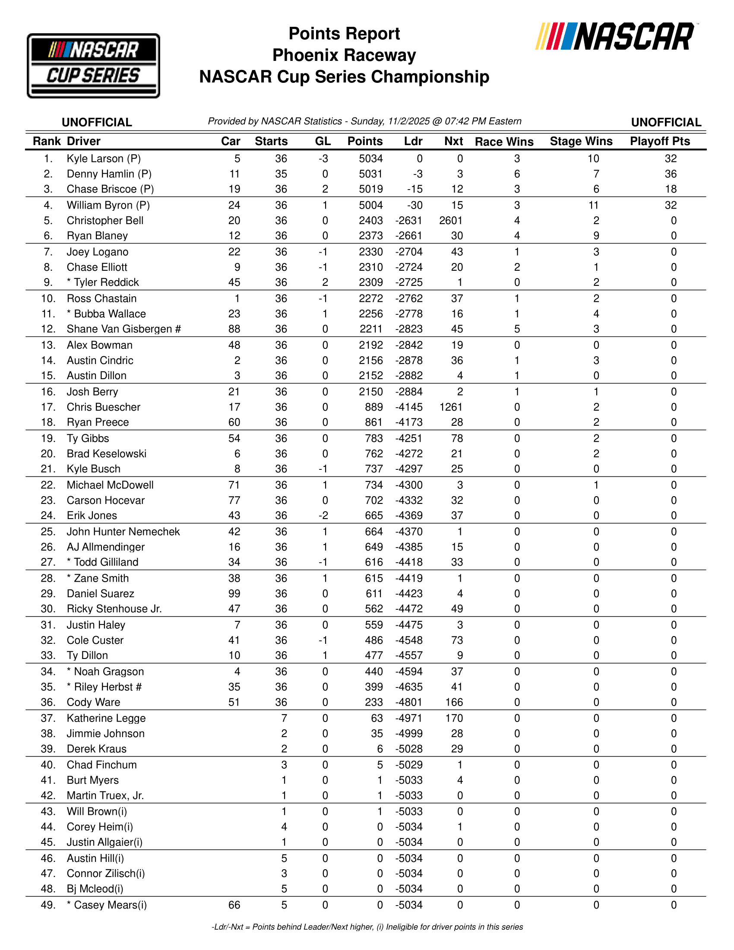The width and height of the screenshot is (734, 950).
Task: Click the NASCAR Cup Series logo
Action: tap(94, 66)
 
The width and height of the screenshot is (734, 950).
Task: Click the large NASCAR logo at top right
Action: tap(615, 37)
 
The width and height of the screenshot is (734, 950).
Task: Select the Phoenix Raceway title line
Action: tap(344, 55)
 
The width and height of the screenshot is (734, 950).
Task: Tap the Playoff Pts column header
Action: tap(660, 141)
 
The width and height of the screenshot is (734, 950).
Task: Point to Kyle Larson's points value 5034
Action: tap(370, 159)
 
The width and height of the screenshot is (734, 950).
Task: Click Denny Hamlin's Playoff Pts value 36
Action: tap(671, 174)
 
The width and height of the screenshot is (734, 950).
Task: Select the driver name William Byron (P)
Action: tap(108, 205)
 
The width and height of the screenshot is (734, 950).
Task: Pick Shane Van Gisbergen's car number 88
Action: tap(234, 329)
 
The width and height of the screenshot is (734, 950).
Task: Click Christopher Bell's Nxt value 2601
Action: tap(450, 221)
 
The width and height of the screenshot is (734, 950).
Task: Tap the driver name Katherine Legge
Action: tap(106, 718)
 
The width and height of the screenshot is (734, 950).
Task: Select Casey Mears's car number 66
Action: tap(234, 905)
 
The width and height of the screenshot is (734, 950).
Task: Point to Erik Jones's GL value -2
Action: tap(323, 516)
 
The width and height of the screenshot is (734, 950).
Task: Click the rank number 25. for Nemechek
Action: tap(48, 532)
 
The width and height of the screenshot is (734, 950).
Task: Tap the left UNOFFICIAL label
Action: tap(97, 122)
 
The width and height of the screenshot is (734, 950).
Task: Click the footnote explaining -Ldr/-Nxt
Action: tap(367, 927)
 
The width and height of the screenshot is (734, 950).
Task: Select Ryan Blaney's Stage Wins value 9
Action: tap(596, 236)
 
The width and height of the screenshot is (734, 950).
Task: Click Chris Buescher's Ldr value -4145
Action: tap(409, 407)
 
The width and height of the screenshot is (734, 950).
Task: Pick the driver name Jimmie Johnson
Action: tap(106, 733)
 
